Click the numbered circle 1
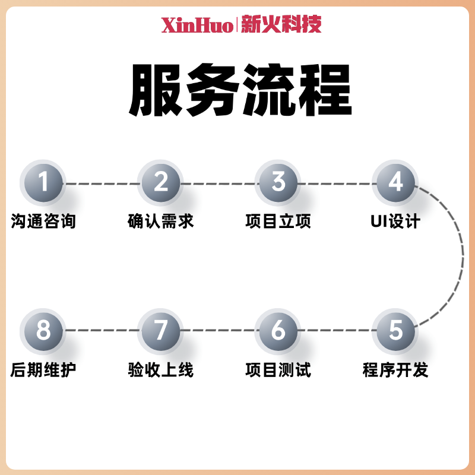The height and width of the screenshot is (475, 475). tap(43, 183)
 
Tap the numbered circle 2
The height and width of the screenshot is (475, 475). tap(161, 183)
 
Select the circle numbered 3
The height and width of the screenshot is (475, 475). tap(278, 183)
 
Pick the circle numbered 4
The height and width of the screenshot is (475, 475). tap(396, 183)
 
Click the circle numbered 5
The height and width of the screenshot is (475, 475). tap(396, 331)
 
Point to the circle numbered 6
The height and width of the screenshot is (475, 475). tap(278, 331)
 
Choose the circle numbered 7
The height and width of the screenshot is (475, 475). tap(161, 331)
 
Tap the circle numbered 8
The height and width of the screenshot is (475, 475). tap(43, 331)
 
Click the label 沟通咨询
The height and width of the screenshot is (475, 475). tap(43, 222)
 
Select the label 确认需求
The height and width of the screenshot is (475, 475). tap(161, 222)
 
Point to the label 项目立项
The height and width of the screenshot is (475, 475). tap(278, 222)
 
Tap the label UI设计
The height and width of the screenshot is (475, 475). tap(395, 222)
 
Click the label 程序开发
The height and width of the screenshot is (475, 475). tap(395, 370)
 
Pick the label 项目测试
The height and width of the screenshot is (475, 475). tap(278, 370)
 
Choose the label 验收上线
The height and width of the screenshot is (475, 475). tap(161, 370)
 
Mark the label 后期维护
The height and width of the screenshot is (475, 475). tap(43, 370)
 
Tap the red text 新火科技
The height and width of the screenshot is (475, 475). tap(281, 25)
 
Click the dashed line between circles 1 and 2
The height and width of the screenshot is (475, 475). tap(102, 183)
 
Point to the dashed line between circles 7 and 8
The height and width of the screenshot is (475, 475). tap(102, 331)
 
